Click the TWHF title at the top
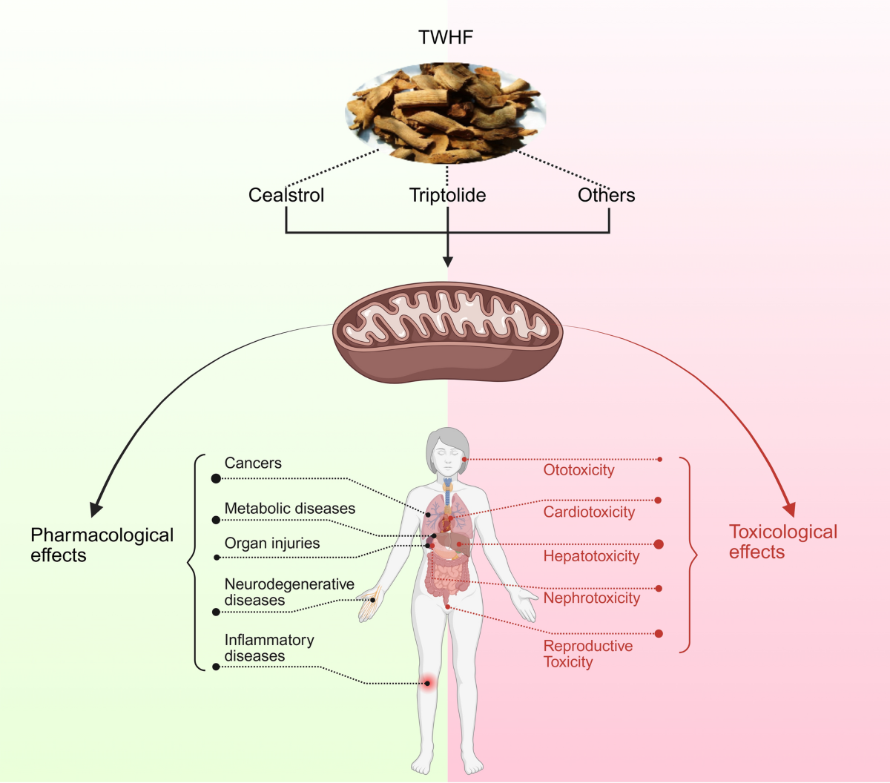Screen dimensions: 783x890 coord(446,38)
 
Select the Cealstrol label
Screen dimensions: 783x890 coord(286,195)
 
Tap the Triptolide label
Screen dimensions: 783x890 coord(447,195)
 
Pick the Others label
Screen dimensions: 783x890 coord(606,195)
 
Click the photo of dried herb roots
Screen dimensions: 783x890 coord(446,112)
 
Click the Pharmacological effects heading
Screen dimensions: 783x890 coord(102,545)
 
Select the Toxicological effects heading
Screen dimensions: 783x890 coord(782,542)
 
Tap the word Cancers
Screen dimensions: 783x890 coord(253,463)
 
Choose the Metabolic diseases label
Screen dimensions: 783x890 coord(289,509)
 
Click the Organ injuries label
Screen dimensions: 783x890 coord(272,544)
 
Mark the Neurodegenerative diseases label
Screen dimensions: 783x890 coord(289,592)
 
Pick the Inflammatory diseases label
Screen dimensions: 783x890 coord(268,648)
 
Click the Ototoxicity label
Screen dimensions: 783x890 coord(578,470)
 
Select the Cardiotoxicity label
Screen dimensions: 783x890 coord(589,512)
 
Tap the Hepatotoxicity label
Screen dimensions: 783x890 coord(591,556)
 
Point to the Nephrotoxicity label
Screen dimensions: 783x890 coord(591,598)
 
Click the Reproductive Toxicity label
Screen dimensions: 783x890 coord(587,654)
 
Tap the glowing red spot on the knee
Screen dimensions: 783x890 coord(427,683)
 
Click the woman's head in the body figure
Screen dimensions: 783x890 coord(447,452)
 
